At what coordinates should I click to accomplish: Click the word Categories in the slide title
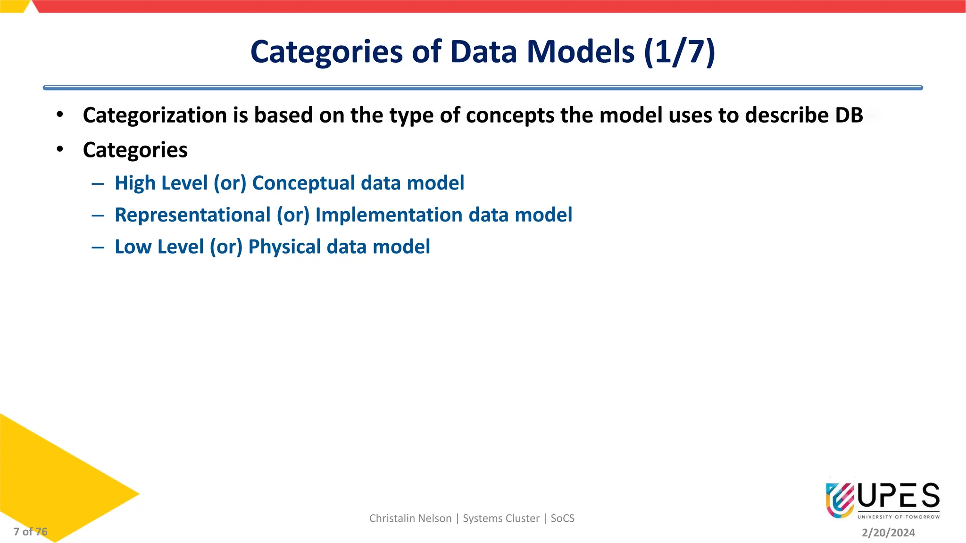[326, 52]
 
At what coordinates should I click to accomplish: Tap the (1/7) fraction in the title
[679, 52]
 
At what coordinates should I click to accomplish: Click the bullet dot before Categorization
[59, 115]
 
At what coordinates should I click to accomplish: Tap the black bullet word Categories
[135, 150]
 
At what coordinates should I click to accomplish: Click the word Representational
[192, 215]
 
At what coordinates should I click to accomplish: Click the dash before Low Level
[98, 247]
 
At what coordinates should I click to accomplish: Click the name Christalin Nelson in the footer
[410, 518]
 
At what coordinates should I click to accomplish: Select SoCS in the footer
[562, 518]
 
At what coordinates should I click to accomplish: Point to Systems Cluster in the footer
[501, 518]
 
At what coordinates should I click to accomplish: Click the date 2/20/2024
[888, 533]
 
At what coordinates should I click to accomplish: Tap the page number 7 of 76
[31, 532]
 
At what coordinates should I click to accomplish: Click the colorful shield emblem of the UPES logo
[840, 500]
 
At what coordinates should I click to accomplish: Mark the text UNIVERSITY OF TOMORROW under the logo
[898, 517]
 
